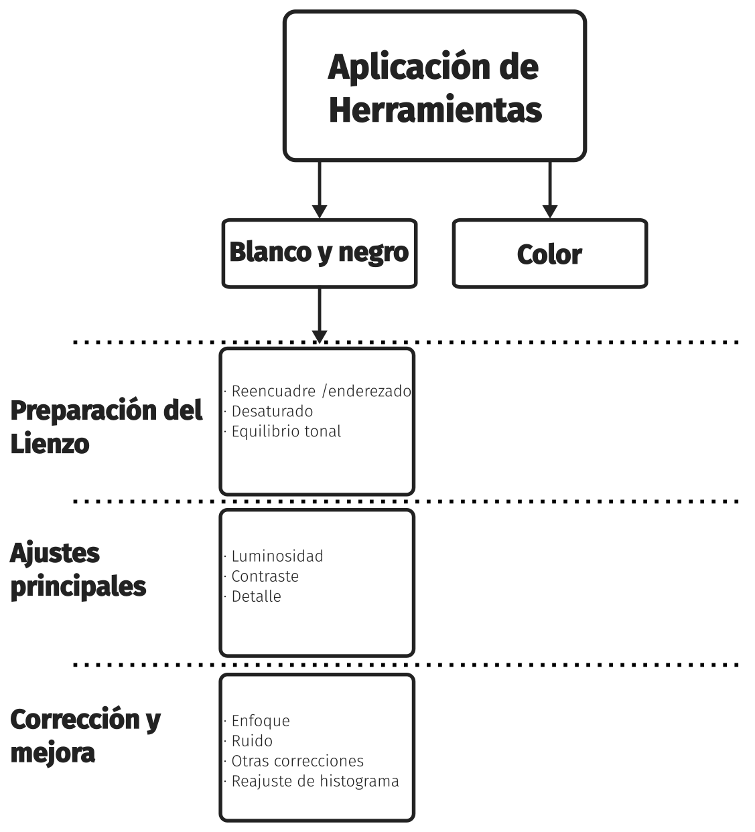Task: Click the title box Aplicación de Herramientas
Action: (x=435, y=86)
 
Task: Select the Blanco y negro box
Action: (x=320, y=254)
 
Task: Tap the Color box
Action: (x=550, y=254)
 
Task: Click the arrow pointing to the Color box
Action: (x=550, y=189)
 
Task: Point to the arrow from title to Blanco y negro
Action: (x=320, y=189)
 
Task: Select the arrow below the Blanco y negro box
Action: (x=320, y=316)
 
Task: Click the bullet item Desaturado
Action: (x=272, y=412)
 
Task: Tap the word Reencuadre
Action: (x=274, y=391)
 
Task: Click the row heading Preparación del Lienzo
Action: (x=107, y=427)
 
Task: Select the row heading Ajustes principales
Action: (x=78, y=571)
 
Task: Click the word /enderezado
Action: (x=366, y=391)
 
